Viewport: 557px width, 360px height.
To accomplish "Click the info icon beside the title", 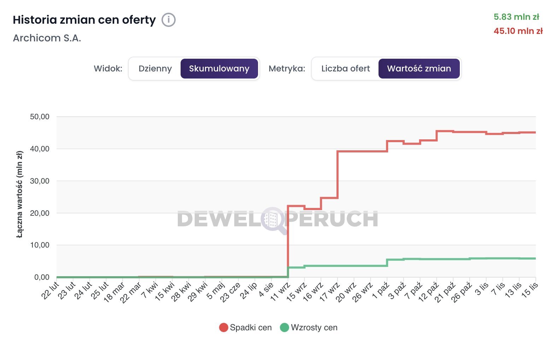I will [x=169, y=20].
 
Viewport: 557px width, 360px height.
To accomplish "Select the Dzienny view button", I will [x=155, y=69].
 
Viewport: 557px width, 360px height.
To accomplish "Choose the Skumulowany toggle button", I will [x=219, y=69].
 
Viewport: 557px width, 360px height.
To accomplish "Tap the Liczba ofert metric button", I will [x=345, y=69].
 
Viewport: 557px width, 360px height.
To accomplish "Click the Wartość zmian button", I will [x=419, y=69].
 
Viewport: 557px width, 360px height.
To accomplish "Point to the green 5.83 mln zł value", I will [x=516, y=17].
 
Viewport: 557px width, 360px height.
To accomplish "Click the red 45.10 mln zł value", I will [x=518, y=31].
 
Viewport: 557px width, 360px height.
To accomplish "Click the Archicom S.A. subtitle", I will [x=47, y=38].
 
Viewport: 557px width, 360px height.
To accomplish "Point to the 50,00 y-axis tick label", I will [x=40, y=117].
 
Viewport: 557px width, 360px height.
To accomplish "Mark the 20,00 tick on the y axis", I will [x=40, y=213].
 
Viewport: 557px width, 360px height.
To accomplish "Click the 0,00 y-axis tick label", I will [x=42, y=277].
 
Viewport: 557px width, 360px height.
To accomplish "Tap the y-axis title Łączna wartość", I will [x=20, y=194].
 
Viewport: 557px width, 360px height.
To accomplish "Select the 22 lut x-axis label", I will [x=50, y=291].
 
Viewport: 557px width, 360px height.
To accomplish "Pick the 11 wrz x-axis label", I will [x=280, y=292].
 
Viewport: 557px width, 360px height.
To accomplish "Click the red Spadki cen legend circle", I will [x=223, y=327].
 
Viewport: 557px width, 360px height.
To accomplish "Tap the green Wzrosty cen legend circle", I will [x=285, y=327].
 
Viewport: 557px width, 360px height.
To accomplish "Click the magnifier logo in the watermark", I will [x=273, y=220].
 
